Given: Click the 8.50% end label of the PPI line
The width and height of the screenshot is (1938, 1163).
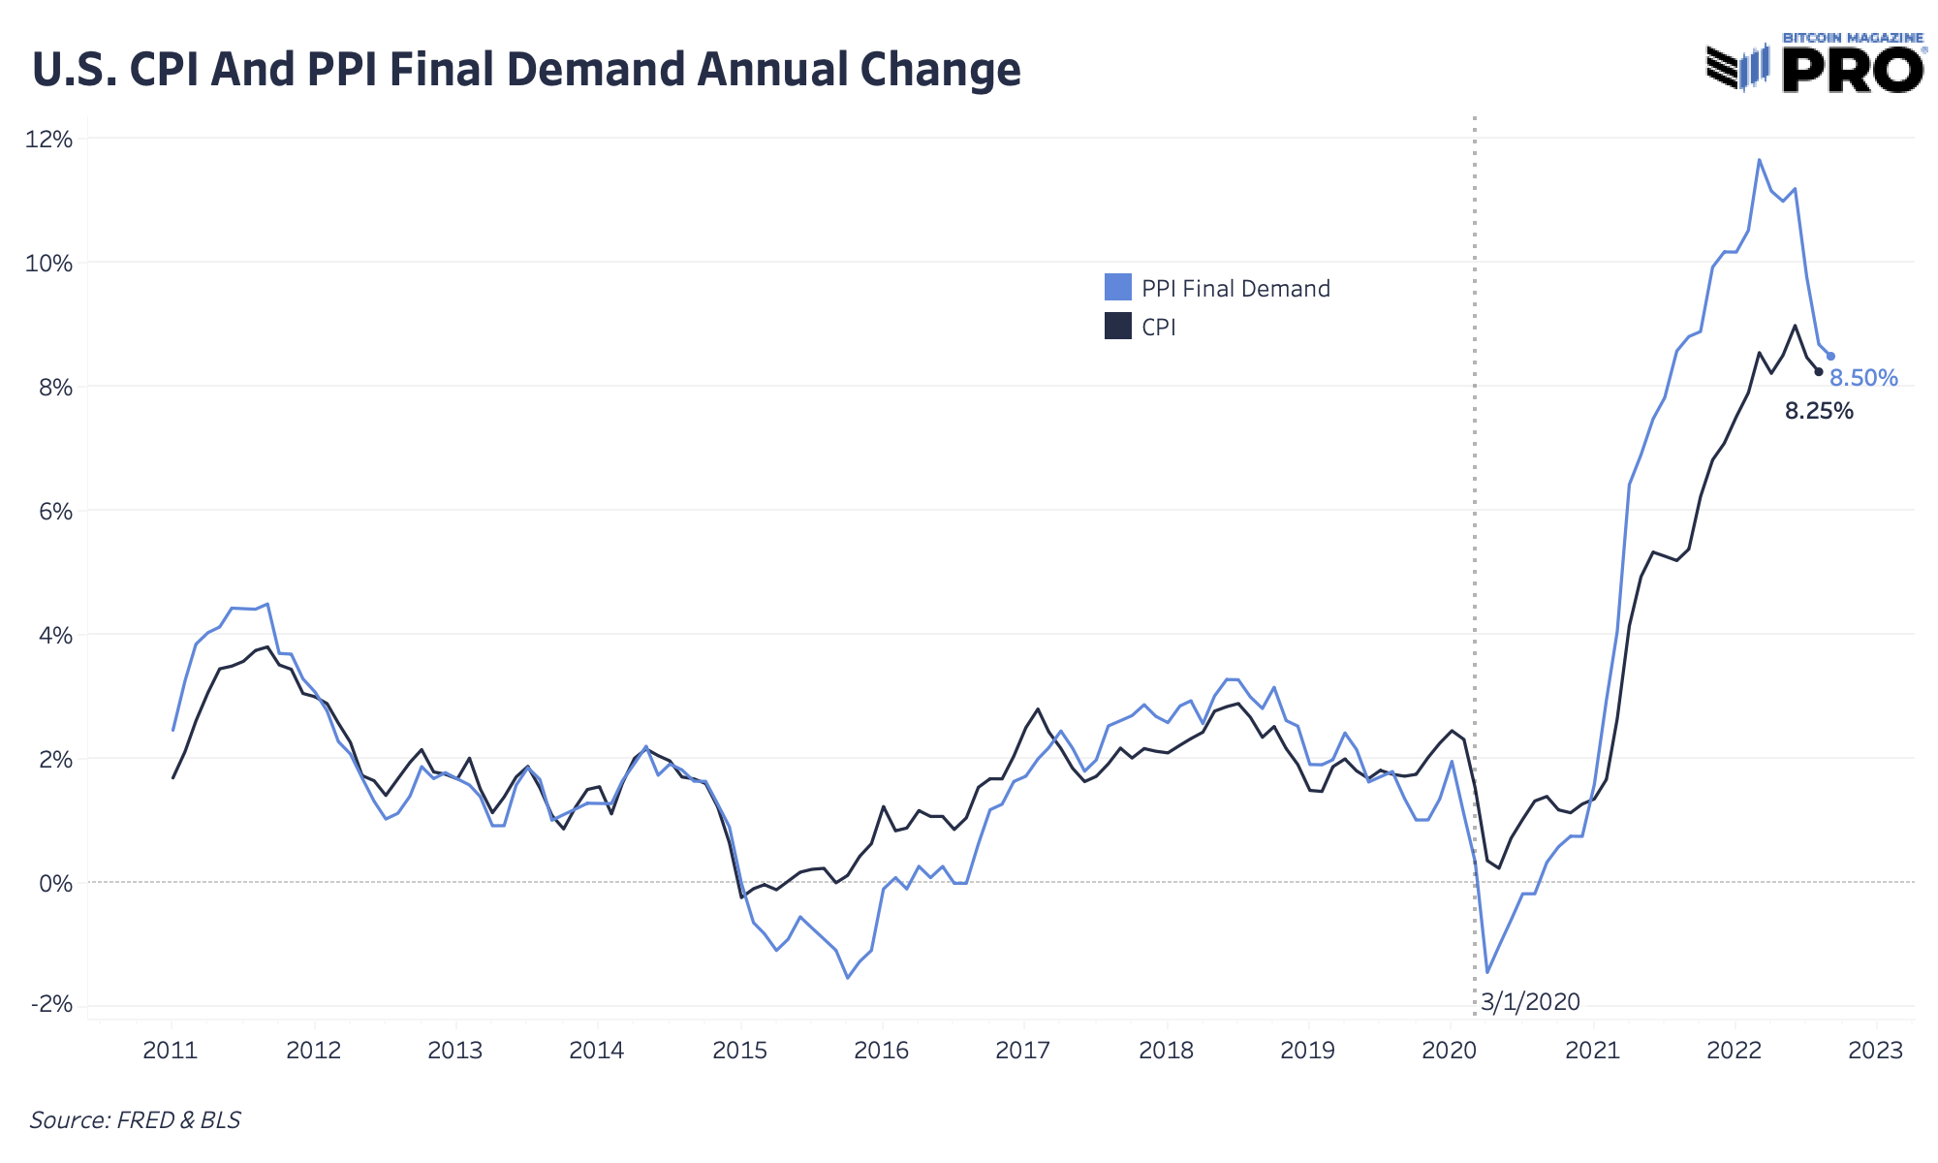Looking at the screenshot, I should pos(1863,379).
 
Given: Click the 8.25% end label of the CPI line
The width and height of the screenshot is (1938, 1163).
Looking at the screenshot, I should pos(1819,412).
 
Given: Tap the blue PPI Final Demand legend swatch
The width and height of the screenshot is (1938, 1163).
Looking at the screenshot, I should pos(1117,288).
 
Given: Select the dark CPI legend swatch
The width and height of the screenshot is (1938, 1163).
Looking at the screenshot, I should pos(1117,327).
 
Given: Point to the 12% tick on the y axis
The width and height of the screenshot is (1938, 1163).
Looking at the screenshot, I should pos(49,140).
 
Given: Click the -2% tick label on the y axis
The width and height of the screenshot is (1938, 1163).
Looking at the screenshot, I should pos(51,1004).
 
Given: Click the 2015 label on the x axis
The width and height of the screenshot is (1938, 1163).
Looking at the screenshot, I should pos(739,1051).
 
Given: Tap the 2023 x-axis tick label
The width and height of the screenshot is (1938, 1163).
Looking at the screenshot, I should pos(1876,1051).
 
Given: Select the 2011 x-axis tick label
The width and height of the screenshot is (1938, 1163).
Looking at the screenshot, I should pos(171,1051).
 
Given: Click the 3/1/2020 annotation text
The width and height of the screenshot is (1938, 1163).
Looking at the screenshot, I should pos(1530,1002).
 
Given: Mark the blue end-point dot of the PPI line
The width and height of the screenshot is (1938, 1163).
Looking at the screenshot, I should pos(1830,357).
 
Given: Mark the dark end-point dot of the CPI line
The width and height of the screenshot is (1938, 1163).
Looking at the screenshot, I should pos(1819,372).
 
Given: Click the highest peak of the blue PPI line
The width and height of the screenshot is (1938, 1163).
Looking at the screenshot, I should pos(1759,160).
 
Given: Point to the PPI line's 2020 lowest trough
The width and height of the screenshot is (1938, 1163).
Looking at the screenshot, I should pos(1487,972).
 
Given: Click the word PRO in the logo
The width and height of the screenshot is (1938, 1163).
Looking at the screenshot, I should pos(1853,70).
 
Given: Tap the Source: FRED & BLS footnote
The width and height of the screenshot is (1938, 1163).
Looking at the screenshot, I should pos(135,1120).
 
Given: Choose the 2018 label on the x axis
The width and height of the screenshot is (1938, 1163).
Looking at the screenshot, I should pos(1166,1051).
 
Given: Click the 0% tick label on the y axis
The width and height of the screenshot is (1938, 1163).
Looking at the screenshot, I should pos(56,884).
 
